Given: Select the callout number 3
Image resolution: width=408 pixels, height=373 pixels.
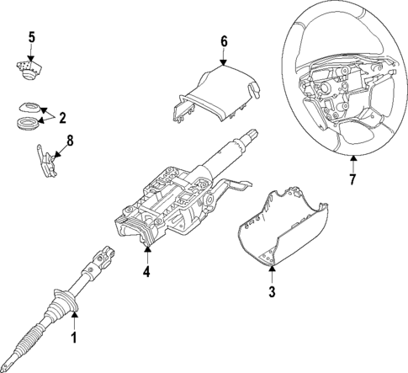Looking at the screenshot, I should click(x=272, y=292).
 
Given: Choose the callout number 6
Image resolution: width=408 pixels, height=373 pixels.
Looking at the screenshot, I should click(x=224, y=40).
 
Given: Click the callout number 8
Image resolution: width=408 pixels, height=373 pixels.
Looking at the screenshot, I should click(x=69, y=141).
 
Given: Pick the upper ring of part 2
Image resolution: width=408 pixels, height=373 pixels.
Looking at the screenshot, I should click(x=30, y=107).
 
